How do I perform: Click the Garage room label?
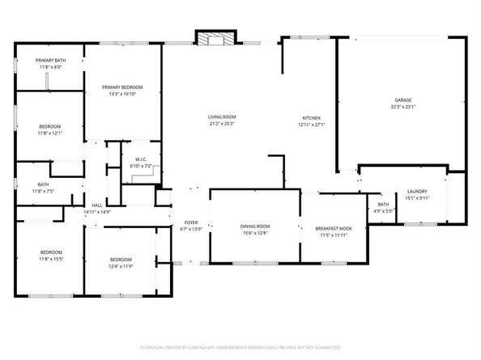click(402, 100)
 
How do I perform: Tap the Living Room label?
click(221, 118)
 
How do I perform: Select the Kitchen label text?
click(311, 118)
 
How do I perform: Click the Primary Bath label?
click(49, 61)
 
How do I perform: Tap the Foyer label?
click(191, 222)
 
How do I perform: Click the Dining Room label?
click(254, 226)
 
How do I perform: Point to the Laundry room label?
click(417, 191)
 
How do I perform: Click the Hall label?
click(96, 205)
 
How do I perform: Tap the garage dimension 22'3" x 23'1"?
click(402, 108)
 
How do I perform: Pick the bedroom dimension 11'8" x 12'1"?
click(49, 133)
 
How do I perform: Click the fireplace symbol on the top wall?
click(216, 39)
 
